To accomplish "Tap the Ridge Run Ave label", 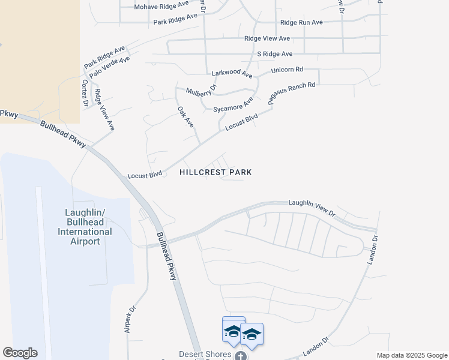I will click(301, 22).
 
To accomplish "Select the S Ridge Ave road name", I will click(274, 54).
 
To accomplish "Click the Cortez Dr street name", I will click(85, 94).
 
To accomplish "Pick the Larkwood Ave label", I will click(232, 73).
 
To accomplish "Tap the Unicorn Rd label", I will click(287, 70).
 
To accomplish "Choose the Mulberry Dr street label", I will click(200, 91).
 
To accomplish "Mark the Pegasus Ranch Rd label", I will click(292, 94).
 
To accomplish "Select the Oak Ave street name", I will click(185, 116).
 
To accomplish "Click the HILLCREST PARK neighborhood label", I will click(215, 172).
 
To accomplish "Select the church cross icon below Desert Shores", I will click(240, 356).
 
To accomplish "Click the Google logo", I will click(20, 353).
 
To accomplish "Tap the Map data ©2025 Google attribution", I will click(412, 355).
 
